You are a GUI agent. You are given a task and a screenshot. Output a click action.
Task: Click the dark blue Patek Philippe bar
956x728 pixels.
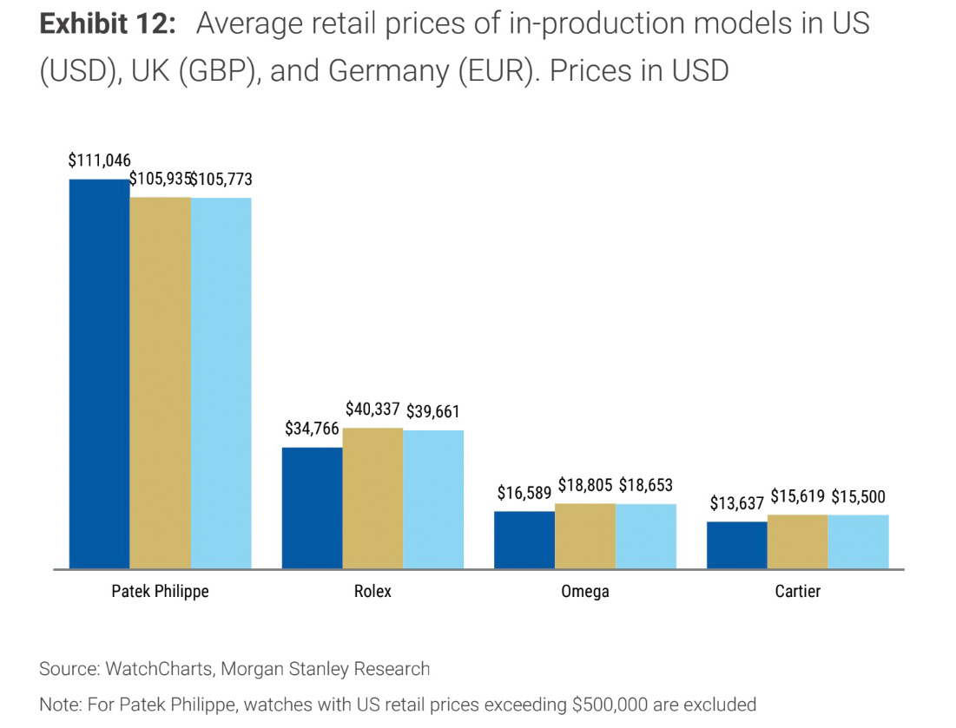(100, 374)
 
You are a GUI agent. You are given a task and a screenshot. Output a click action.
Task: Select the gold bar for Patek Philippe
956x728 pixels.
(161, 383)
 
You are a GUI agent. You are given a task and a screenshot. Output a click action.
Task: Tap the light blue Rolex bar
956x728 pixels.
(433, 499)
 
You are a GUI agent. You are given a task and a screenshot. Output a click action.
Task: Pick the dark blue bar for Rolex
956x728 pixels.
(312, 508)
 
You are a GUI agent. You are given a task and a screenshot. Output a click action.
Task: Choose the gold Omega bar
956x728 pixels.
(585, 535)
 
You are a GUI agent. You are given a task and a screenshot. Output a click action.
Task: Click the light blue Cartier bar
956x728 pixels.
(858, 541)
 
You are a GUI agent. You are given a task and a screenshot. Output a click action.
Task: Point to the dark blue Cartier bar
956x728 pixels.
(737, 545)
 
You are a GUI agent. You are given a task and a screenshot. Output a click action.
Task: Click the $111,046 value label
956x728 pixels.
(99, 161)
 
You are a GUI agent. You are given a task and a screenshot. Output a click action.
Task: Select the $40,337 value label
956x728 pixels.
(373, 409)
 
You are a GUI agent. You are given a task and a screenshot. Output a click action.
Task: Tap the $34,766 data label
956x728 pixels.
(312, 429)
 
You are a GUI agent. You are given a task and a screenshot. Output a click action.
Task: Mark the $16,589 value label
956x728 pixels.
(524, 493)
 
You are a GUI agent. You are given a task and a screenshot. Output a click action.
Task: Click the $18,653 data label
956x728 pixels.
(646, 485)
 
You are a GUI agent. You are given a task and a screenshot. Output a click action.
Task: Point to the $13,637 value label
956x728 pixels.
(736, 503)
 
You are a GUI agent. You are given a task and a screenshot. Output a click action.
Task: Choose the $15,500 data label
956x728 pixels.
(858, 497)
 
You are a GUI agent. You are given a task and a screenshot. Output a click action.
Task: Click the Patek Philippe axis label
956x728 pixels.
(161, 592)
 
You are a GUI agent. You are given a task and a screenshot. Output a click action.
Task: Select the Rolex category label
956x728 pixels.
(373, 592)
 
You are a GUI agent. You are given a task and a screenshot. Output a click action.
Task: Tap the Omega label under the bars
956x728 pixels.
(585, 592)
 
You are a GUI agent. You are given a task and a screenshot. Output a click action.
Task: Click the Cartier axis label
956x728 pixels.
(797, 592)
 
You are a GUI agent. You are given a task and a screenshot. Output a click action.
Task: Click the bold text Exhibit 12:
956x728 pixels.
(109, 24)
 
